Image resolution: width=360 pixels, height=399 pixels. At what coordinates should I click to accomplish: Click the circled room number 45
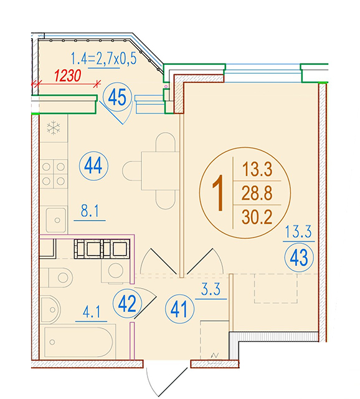coord(117,97)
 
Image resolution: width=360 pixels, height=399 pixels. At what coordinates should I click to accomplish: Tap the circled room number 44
coord(93,166)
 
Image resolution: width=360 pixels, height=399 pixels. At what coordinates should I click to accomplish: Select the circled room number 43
coord(299,257)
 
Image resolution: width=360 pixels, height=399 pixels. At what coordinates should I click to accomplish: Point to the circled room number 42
coord(127,304)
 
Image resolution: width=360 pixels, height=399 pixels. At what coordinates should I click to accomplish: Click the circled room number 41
coord(179,309)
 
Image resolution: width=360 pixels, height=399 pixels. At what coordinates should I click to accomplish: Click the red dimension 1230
coord(68,75)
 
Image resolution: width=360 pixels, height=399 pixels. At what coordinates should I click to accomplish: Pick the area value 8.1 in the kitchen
coord(90,211)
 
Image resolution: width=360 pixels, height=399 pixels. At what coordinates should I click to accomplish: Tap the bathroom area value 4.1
coord(92,312)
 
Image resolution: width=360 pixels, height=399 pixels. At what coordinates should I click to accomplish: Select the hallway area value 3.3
coord(211,289)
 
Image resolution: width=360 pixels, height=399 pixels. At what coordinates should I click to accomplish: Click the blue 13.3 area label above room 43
coord(298,231)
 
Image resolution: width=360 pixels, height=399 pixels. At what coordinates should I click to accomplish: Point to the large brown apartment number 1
coord(218,193)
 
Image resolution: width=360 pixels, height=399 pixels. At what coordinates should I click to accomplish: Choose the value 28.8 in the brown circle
coord(257,193)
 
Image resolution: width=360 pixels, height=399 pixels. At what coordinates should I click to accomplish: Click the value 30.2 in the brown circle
coord(257,217)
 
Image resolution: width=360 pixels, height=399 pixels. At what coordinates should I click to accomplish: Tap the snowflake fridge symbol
coord(54,128)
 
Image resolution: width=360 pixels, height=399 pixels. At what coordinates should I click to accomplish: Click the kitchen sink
coord(56,220)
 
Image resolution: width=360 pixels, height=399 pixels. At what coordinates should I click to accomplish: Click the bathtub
coord(78,342)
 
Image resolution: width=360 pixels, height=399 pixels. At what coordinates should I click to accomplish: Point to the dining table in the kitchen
coord(161,171)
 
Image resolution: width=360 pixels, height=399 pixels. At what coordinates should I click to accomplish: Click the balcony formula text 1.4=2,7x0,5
coord(103,58)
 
